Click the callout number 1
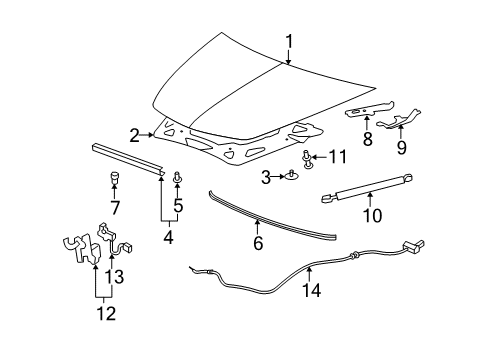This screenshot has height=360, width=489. point(289,41)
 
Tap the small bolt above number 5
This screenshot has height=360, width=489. point(179,180)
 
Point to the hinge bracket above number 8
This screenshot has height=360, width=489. point(369,112)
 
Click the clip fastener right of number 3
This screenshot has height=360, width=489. point(293,177)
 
